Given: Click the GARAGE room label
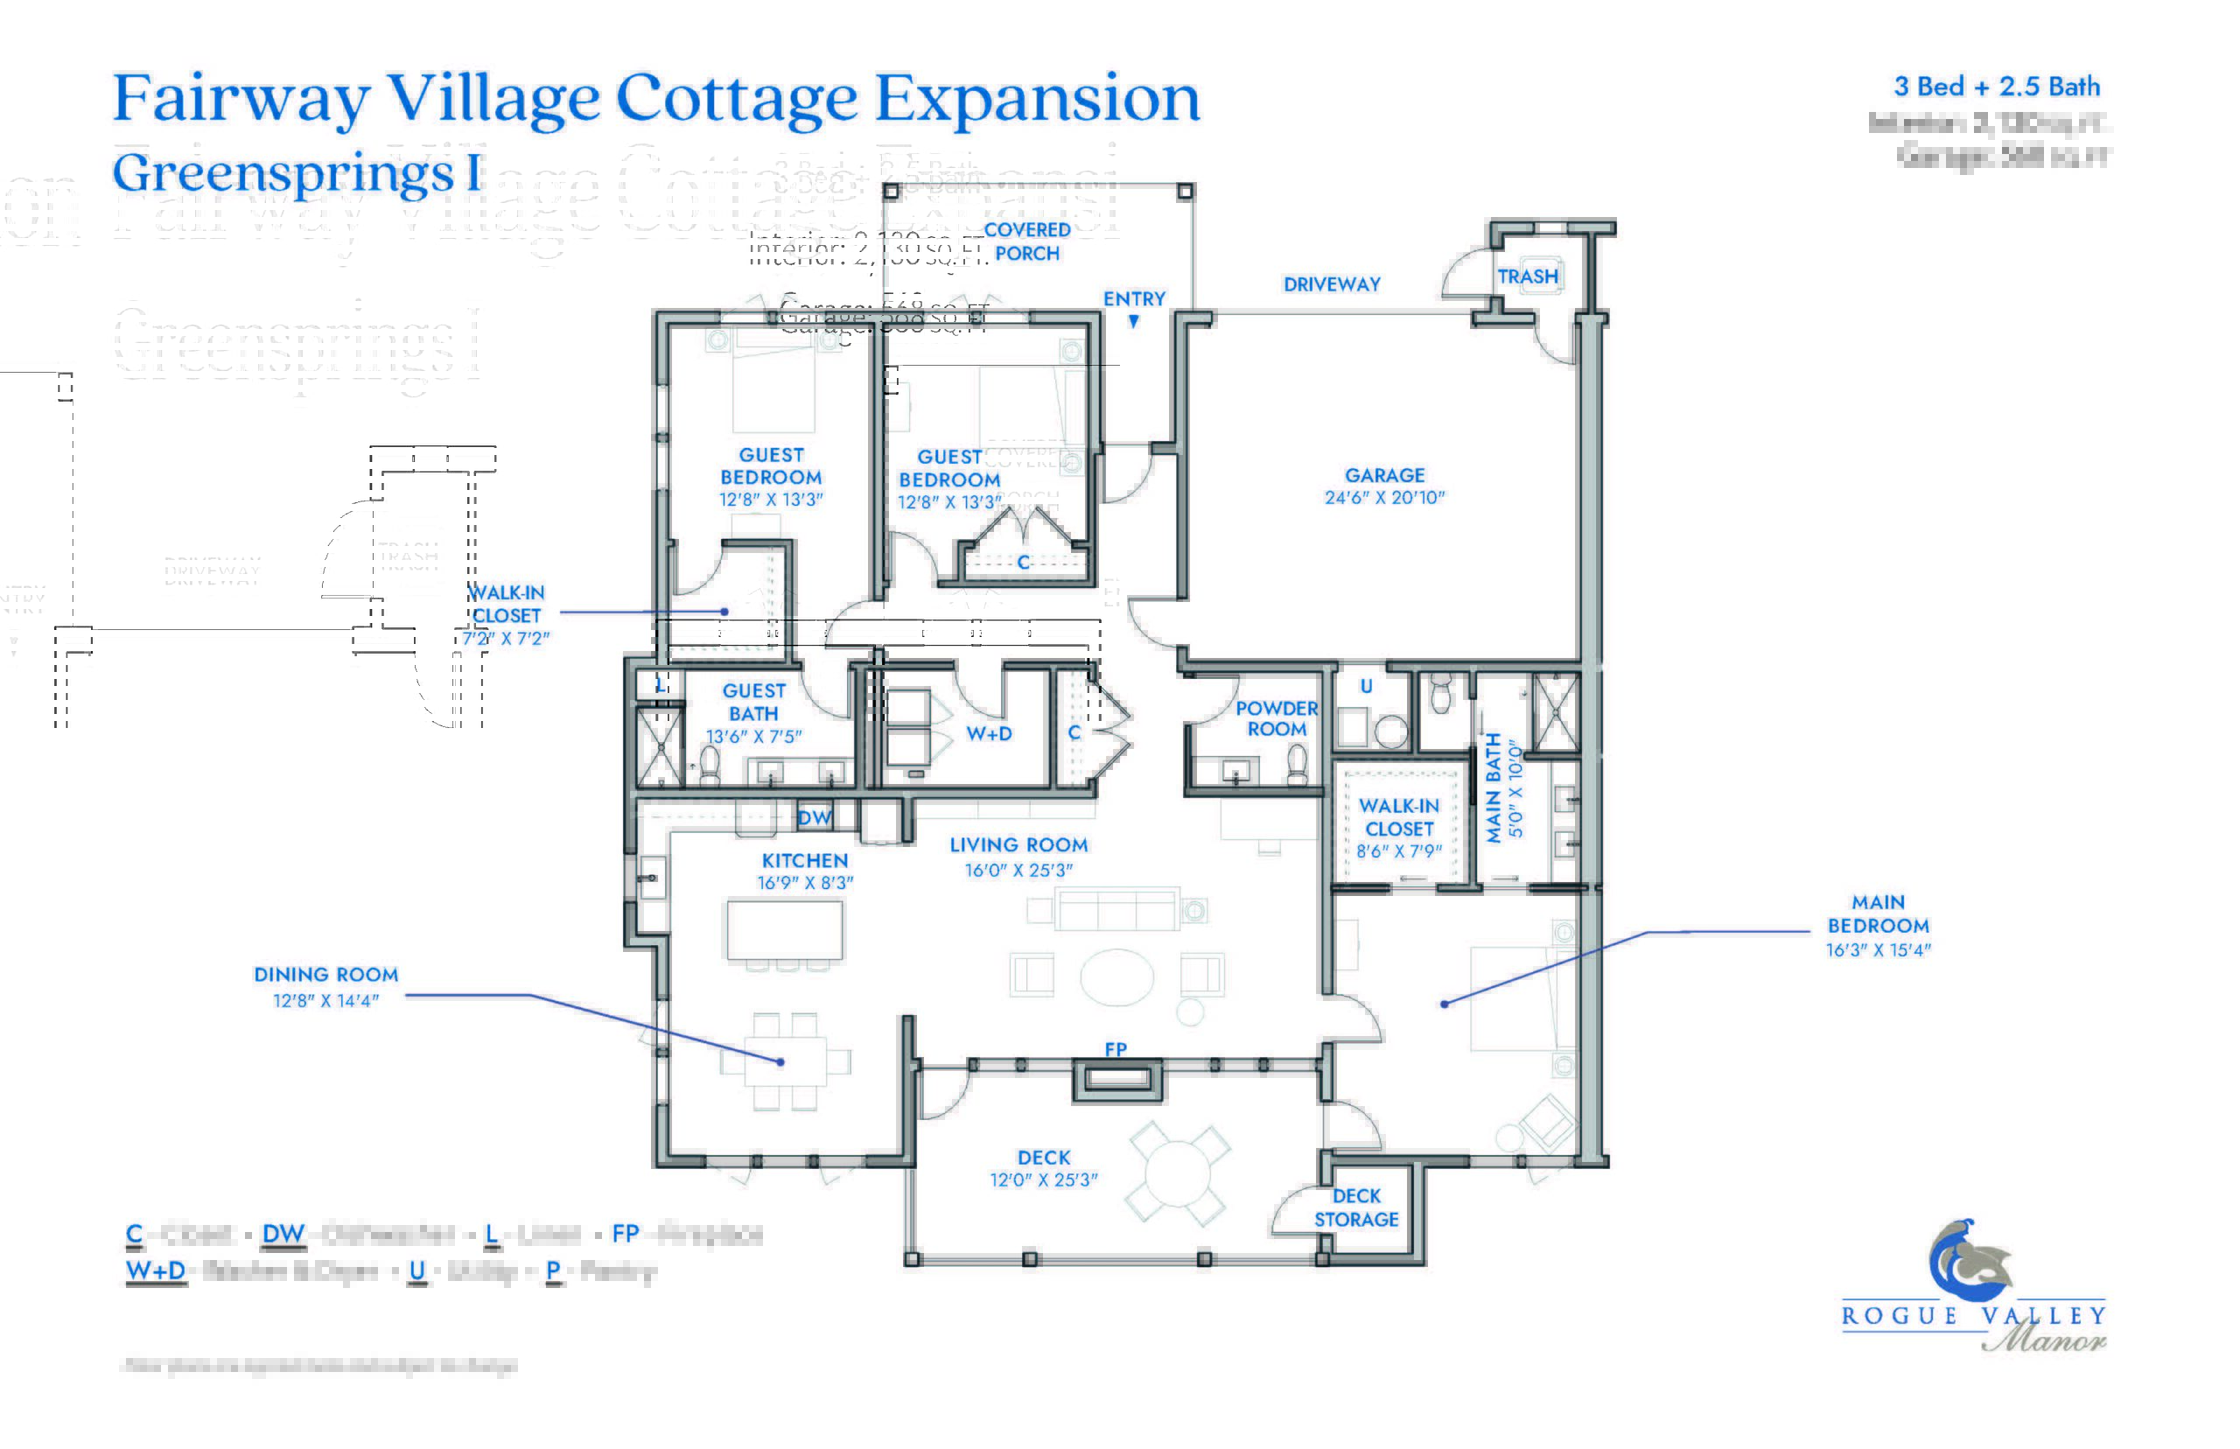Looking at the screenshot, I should coord(1384,475).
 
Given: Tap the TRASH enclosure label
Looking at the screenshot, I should coord(1527,276).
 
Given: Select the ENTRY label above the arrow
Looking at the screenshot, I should coord(1134,298).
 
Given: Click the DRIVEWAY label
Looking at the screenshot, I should coord(1331,284).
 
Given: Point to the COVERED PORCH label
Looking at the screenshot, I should coord(1026,241).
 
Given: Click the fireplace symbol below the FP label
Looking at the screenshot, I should coord(1116,1079).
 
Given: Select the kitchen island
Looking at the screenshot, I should coord(784,929).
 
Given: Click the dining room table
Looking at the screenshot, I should coord(786,1061).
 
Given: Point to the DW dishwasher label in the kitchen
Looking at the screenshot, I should coord(814,817).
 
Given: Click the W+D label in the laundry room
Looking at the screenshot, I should coord(989,734).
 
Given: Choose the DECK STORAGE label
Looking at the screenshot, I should coord(1355,1207).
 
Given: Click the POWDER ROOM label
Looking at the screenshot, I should coord(1276,717).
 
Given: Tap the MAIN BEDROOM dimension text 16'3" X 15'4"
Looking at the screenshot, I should coord(1877,950).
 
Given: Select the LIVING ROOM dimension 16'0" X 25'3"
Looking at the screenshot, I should coord(1018,871).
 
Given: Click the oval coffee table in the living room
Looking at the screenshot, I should coord(1116,976).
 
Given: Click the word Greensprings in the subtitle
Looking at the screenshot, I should coord(283,174).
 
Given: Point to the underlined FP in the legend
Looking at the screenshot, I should coord(625,1234).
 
